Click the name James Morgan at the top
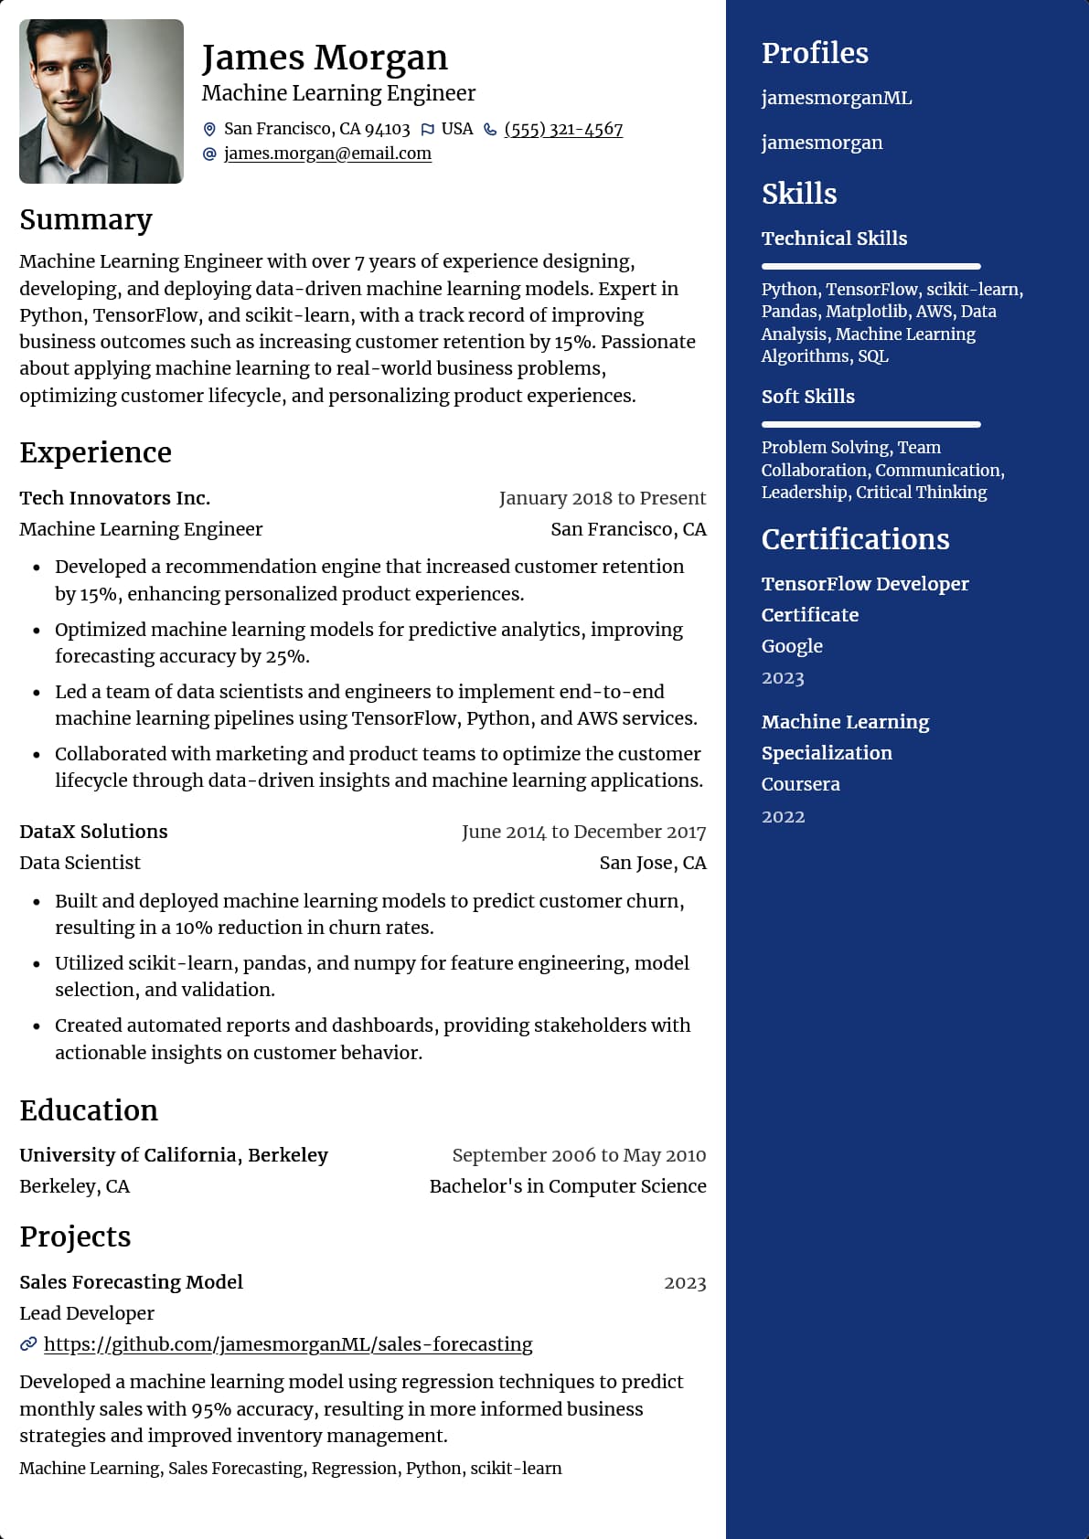[x=325, y=58]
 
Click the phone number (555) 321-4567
[x=563, y=129]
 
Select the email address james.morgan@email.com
[x=327, y=154]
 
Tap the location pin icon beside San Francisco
[x=209, y=130]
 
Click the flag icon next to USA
[x=427, y=130]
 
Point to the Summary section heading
[x=86, y=220]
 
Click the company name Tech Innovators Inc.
[x=115, y=498]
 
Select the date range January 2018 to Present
[x=602, y=498]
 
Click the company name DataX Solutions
[x=93, y=832]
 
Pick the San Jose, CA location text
[x=652, y=863]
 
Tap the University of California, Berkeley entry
[x=174, y=1155]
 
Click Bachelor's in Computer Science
[x=567, y=1186]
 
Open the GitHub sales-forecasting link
[x=288, y=1344]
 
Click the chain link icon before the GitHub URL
[x=28, y=1344]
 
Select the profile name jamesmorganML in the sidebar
[x=837, y=98]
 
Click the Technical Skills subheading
[x=834, y=239]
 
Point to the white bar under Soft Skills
[x=870, y=425]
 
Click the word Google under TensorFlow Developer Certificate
[x=792, y=646]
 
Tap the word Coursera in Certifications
[x=800, y=784]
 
